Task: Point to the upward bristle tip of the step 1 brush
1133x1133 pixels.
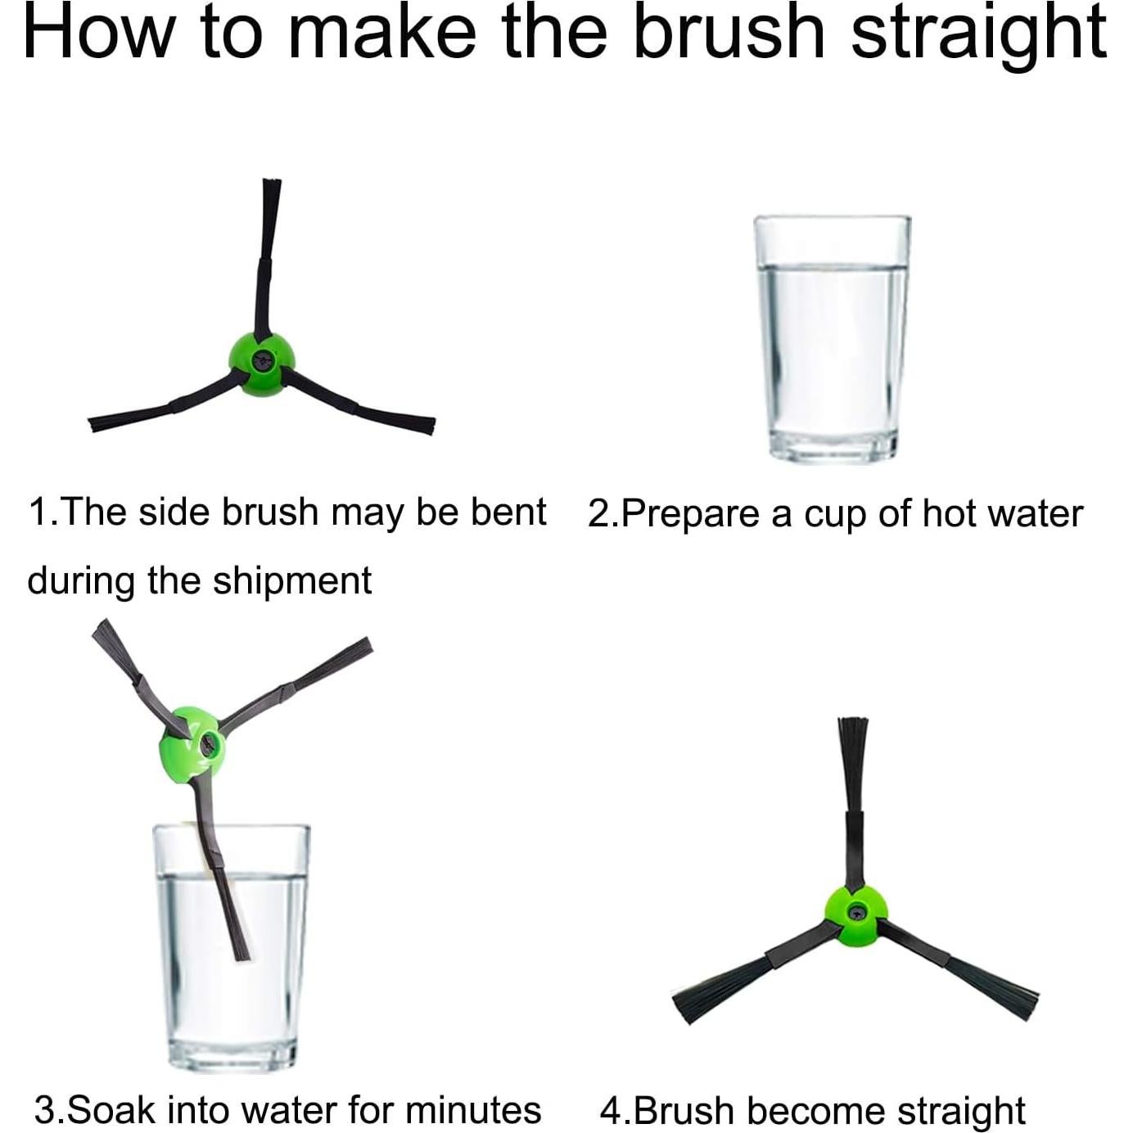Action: coord(271,181)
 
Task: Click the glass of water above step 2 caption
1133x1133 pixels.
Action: coord(832,340)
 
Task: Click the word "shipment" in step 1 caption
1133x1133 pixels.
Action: coord(292,581)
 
